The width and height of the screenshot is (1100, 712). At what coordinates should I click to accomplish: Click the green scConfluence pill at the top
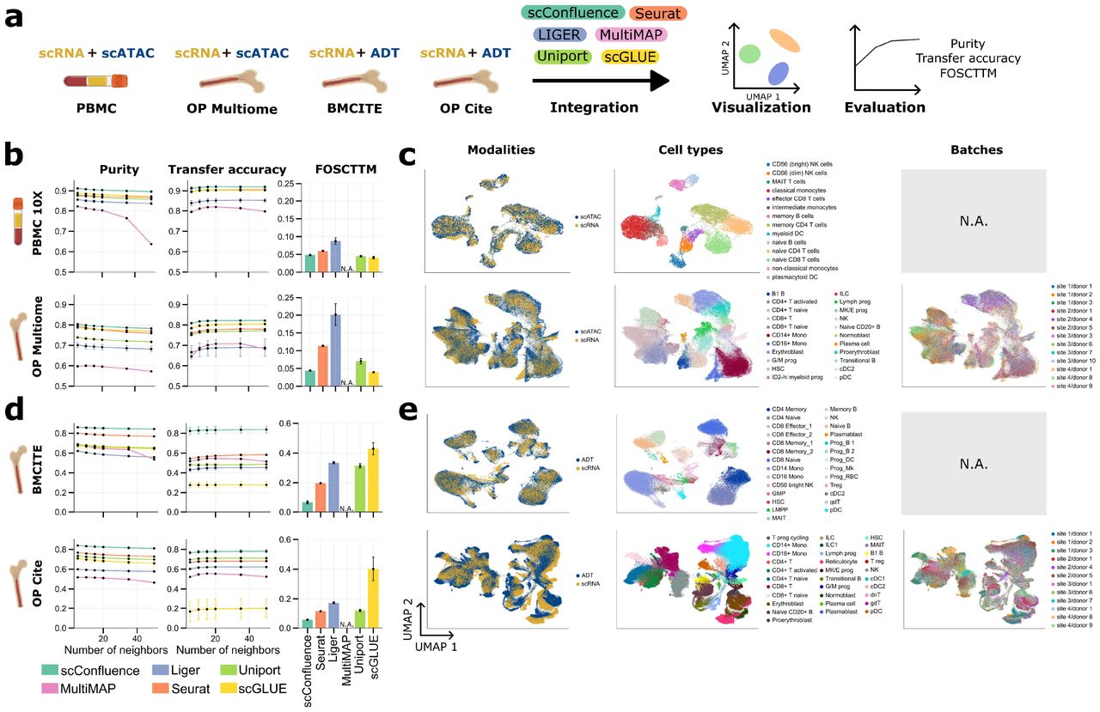[571, 14]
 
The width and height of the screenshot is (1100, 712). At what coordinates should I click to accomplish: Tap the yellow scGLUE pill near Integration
[630, 57]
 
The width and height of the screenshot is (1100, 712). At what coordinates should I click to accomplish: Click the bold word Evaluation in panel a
[884, 107]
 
